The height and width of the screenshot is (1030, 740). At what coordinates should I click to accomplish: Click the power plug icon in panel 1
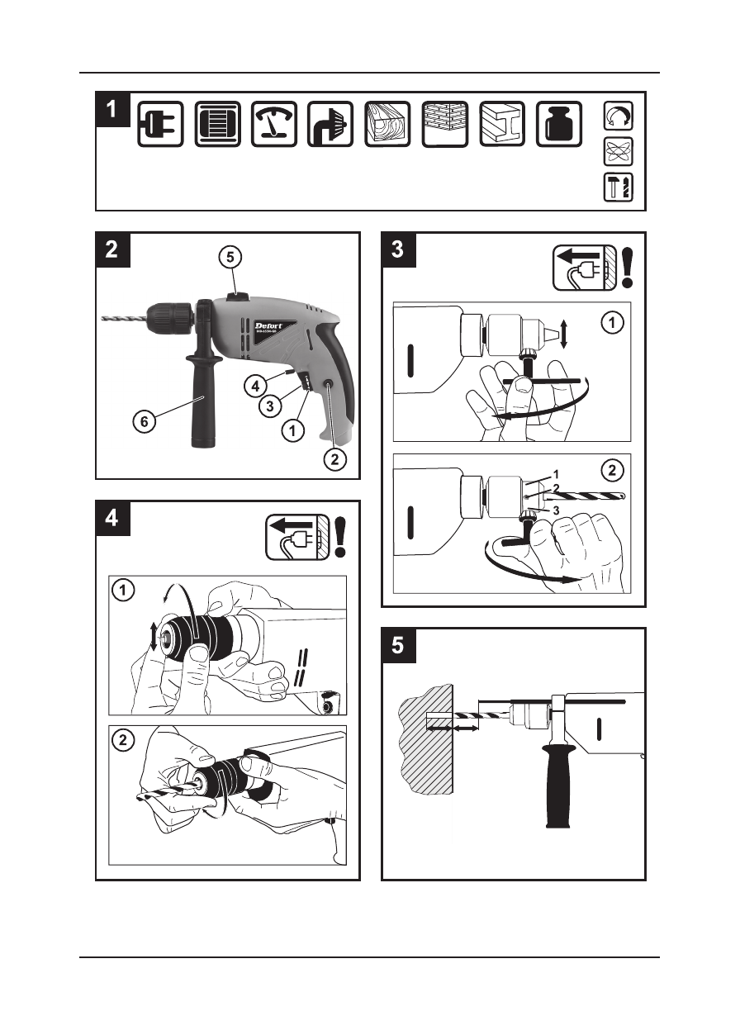tap(160, 124)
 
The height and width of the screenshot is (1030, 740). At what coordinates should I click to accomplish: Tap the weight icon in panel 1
tap(558, 124)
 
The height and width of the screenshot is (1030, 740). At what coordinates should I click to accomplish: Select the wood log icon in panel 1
tap(387, 124)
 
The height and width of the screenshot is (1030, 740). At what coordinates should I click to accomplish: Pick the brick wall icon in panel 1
tap(444, 124)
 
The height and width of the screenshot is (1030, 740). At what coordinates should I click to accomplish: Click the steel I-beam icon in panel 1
tap(501, 124)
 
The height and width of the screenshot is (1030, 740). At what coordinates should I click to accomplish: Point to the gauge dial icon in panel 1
tap(274, 124)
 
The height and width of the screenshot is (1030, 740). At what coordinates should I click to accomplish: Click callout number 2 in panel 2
tap(332, 460)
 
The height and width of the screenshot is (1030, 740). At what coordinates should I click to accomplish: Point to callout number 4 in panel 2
tap(255, 385)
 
